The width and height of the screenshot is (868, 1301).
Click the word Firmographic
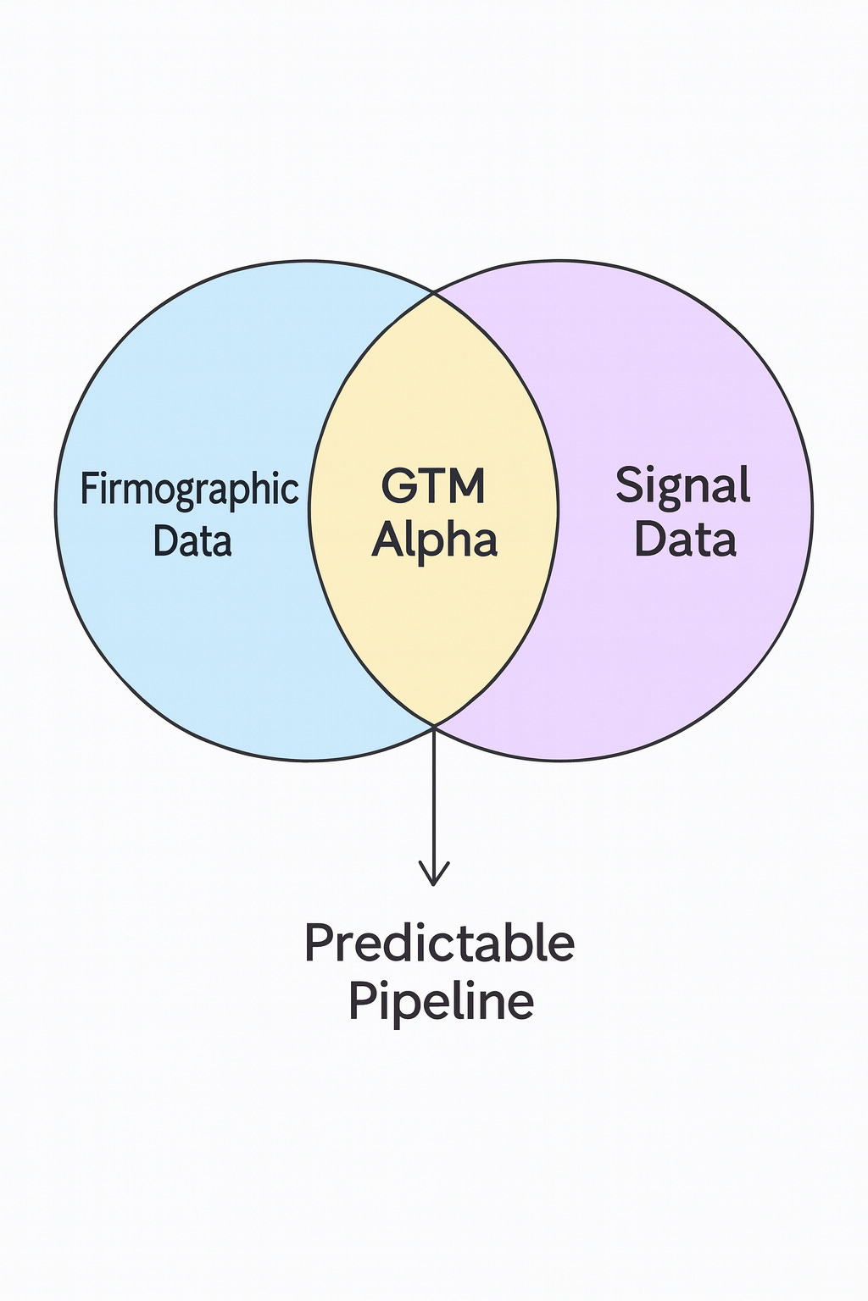pos(189,490)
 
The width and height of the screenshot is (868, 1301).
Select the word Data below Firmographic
pos(192,540)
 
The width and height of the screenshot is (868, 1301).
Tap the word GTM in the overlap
pos(433,486)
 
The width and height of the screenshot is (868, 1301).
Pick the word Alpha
pos(434,540)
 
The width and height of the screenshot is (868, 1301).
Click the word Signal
pos(682,486)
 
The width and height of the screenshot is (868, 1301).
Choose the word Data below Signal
pos(685,540)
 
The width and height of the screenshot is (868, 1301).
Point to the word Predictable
pos(439,943)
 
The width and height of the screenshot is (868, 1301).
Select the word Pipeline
pos(441,1000)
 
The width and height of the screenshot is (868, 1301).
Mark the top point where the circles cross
pos(434,293)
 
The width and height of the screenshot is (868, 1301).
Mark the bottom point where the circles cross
pos(434,725)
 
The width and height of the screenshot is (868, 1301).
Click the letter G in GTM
pos(398,486)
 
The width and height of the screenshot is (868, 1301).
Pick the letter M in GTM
pos(469,486)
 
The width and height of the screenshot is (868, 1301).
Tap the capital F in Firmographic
pos(88,489)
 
